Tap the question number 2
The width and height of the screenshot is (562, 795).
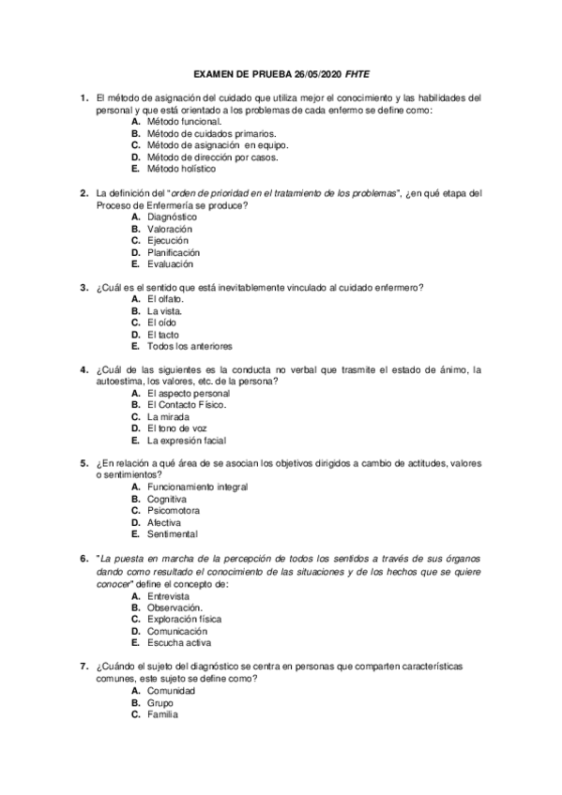tap(84, 193)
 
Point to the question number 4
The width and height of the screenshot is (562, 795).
tap(84, 370)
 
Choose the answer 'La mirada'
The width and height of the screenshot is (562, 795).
tap(170, 417)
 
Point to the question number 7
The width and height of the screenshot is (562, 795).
tap(84, 667)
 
